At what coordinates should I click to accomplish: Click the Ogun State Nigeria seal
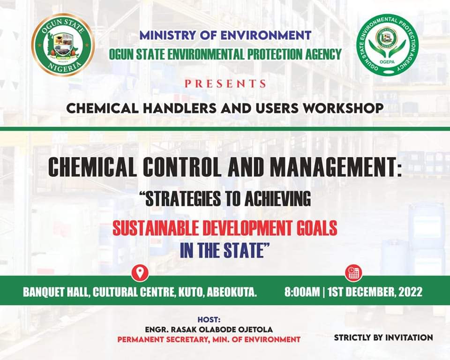(63, 45)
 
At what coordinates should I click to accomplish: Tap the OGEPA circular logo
(387, 45)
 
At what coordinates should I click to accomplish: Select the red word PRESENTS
(225, 84)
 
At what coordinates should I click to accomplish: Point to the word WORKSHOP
(343, 108)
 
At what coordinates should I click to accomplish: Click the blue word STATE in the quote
(245, 250)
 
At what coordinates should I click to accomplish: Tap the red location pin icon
(140, 272)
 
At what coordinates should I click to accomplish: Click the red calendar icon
(353, 273)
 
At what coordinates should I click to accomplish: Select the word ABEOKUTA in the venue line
(232, 292)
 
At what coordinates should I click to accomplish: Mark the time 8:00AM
(302, 292)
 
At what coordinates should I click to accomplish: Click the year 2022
(411, 292)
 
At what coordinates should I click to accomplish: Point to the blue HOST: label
(209, 320)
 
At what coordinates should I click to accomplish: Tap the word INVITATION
(409, 337)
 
